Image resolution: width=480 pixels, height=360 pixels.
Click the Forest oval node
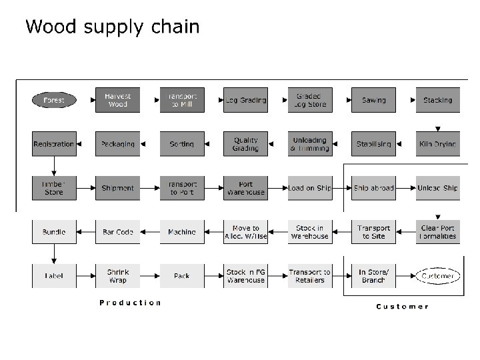[54, 100]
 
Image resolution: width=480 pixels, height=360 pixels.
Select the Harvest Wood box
[117, 100]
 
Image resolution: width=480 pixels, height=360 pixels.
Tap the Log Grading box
[245, 100]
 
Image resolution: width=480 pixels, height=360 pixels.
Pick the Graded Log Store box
[309, 100]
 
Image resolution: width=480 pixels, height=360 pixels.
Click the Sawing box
[373, 100]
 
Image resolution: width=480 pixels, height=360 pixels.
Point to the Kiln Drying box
[437, 144]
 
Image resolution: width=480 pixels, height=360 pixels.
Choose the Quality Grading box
[245, 144]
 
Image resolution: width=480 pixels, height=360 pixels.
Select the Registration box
[54, 144]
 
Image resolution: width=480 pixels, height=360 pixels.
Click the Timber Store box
[54, 188]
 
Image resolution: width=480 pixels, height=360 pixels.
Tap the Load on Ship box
[309, 188]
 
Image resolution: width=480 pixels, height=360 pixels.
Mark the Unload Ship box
[437, 188]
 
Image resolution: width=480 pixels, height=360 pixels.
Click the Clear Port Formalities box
[437, 232]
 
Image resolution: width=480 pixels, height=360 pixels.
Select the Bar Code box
[117, 232]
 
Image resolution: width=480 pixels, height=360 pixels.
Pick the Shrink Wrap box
[117, 276]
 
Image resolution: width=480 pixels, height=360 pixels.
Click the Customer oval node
[437, 276]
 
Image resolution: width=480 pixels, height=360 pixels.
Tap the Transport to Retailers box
[309, 276]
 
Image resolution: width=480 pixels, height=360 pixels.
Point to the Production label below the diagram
[130, 303]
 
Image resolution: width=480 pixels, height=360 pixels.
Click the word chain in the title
[174, 27]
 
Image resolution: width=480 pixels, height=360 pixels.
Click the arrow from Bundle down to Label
[54, 253]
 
